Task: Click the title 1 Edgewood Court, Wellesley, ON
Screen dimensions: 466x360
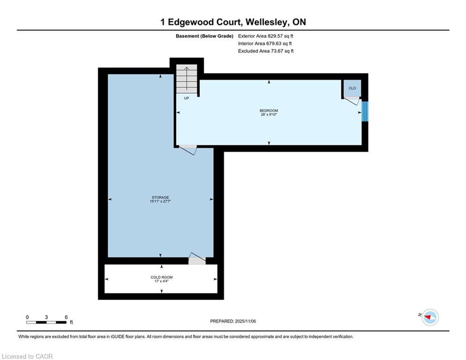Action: tap(233, 22)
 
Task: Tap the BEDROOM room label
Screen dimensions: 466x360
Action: tap(269, 111)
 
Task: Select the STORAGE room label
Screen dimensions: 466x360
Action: tap(161, 197)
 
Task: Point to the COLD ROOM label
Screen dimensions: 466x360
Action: tap(162, 277)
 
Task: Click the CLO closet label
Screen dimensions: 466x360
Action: tap(352, 89)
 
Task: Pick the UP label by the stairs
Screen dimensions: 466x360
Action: tap(186, 98)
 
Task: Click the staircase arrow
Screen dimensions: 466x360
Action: tap(186, 79)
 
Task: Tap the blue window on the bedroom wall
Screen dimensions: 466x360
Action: tap(365, 112)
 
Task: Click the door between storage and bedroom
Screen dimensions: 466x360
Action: tap(187, 150)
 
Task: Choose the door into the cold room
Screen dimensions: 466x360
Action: tap(197, 259)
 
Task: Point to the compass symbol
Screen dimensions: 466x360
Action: tap(430, 317)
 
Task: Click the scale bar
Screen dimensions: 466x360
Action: tap(46, 322)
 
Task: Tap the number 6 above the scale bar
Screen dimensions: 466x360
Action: tap(66, 317)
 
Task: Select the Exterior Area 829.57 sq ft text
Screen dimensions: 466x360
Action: tap(266, 36)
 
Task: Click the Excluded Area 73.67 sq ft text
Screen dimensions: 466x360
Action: tap(266, 51)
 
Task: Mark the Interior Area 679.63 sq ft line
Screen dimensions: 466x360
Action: tap(265, 44)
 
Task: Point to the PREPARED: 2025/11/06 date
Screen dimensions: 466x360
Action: tap(233, 321)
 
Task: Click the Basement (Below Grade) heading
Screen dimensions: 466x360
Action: tap(205, 36)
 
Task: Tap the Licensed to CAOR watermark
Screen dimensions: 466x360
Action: tap(27, 356)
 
